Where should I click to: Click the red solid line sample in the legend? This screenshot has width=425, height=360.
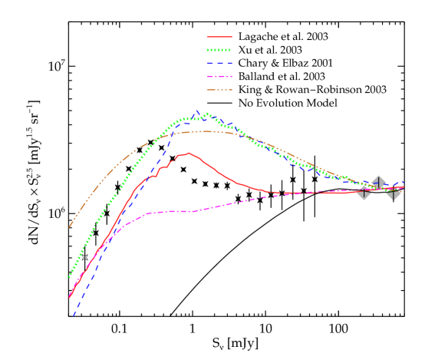pyautogui.click(x=219, y=37)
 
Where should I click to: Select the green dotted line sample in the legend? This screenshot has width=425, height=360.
pyautogui.click(x=219, y=50)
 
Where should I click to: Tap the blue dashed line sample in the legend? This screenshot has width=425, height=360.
pyautogui.click(x=219, y=63)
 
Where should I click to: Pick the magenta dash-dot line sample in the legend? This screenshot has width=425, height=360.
pyautogui.click(x=219, y=77)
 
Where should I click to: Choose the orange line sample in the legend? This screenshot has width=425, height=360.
pyautogui.click(x=219, y=90)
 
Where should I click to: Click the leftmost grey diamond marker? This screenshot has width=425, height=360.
pyautogui.click(x=364, y=192)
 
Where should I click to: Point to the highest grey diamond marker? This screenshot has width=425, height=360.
pyautogui.click(x=378, y=183)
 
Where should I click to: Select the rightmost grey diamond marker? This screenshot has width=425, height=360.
pyautogui.click(x=394, y=192)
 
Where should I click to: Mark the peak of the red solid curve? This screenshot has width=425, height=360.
pyautogui.click(x=188, y=153)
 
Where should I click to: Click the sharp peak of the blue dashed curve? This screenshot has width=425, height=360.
pyautogui.click(x=196, y=111)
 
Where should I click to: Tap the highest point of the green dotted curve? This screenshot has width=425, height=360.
pyautogui.click(x=207, y=114)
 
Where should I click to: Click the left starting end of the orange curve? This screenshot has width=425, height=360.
pyautogui.click(x=69, y=227)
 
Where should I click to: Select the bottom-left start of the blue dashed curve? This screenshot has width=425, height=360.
pyautogui.click(x=74, y=315)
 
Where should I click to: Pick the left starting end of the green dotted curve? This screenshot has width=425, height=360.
pyautogui.click(x=69, y=277)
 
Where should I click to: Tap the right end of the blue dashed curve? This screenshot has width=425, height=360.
pyautogui.click(x=404, y=182)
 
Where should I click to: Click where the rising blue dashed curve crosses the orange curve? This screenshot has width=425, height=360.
pyautogui.click(x=171, y=134)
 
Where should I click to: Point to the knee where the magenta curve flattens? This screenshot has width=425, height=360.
pyautogui.click(x=146, y=213)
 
